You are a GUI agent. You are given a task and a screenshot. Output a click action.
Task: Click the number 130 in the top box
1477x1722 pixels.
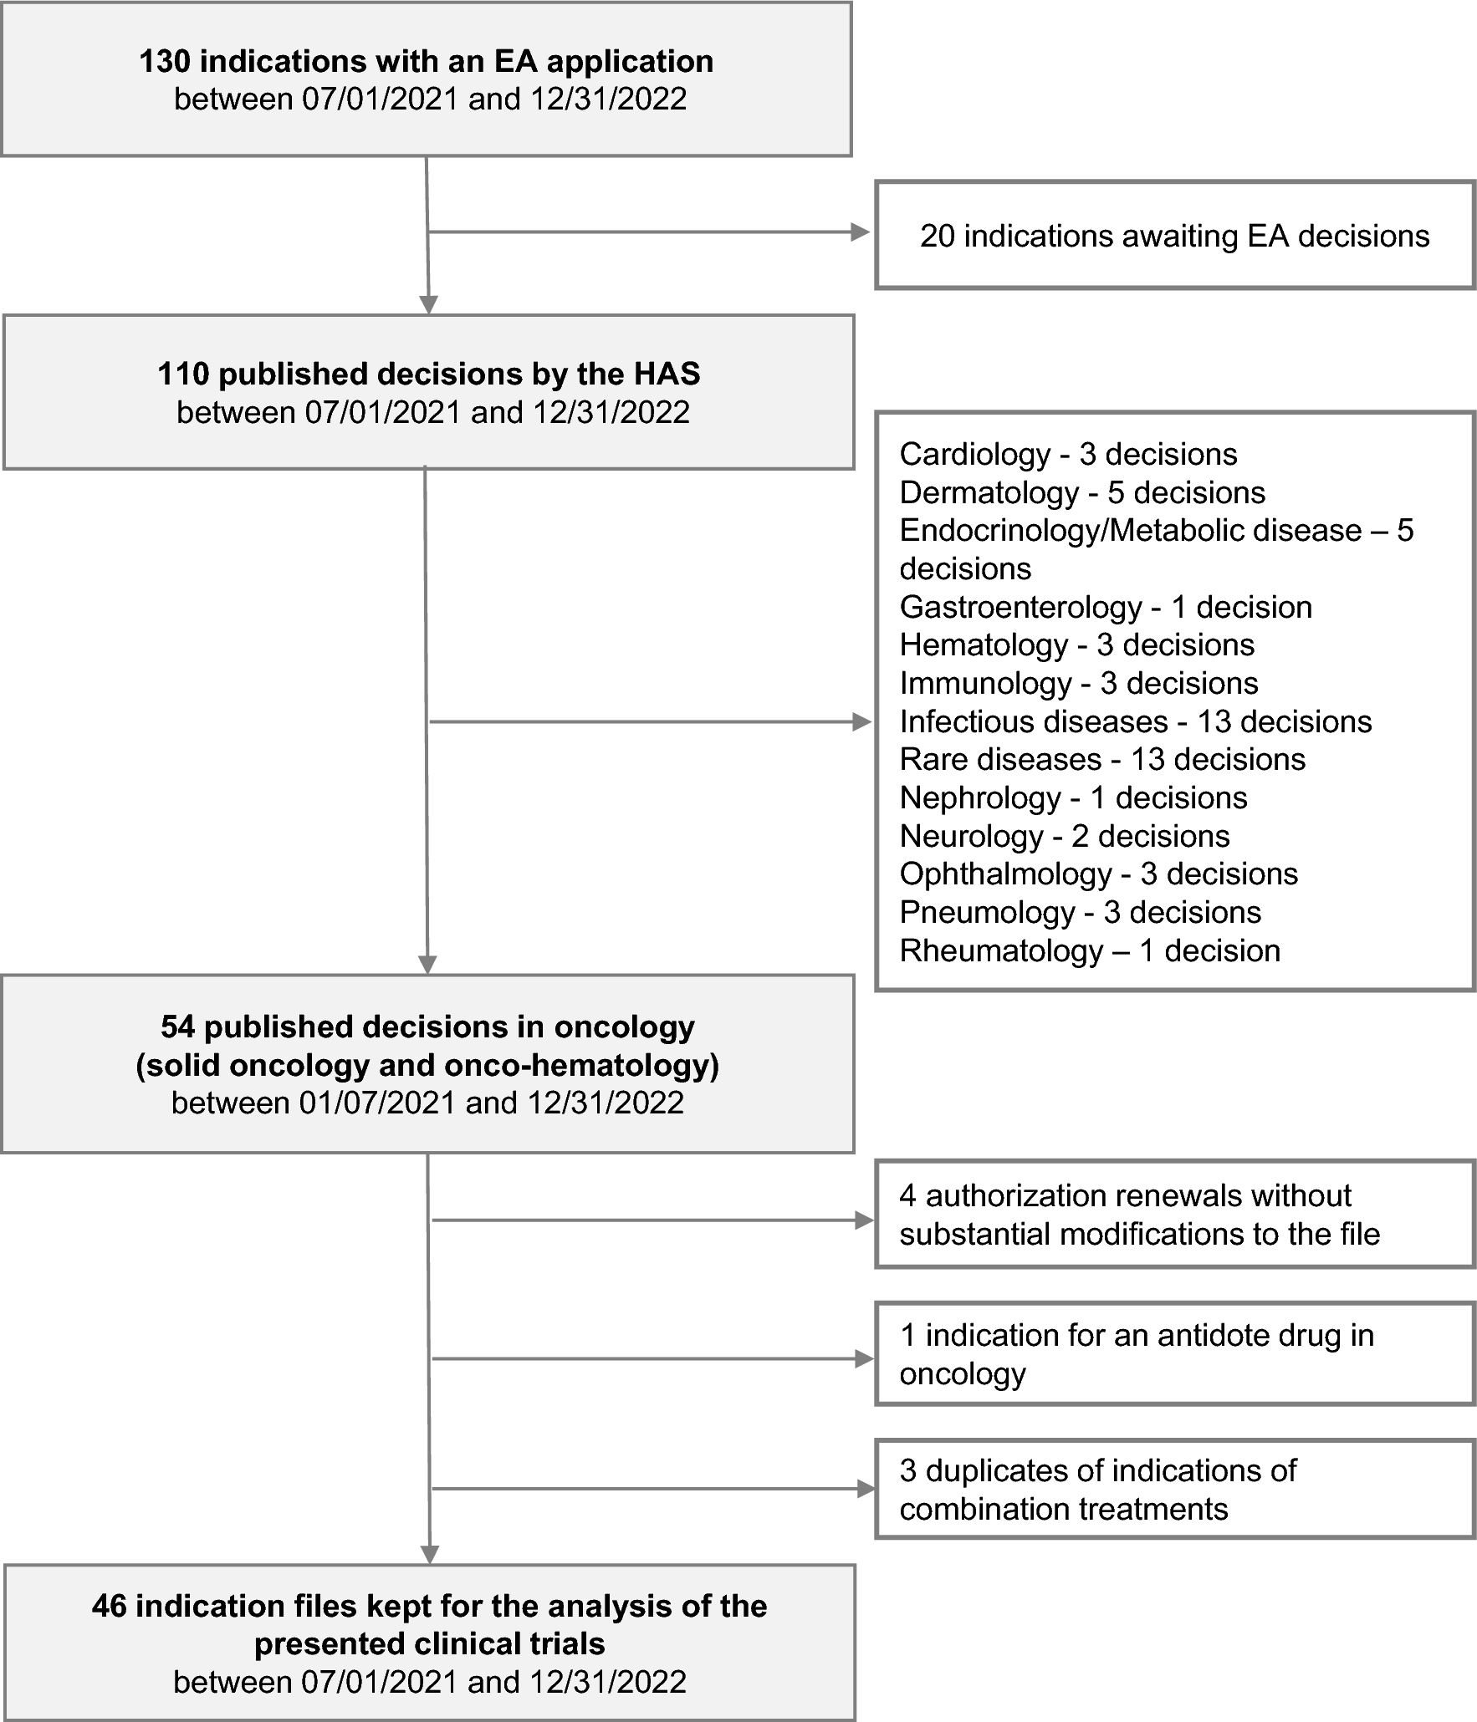point(165,62)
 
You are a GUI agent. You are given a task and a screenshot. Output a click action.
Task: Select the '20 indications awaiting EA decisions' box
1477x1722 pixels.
point(1174,236)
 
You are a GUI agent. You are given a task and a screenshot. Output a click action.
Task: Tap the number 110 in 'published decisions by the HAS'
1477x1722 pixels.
point(183,374)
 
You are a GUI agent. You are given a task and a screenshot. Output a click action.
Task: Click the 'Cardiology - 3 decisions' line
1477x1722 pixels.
point(1068,454)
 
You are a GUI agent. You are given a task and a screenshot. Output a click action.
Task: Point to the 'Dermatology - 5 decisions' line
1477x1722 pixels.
point(1082,492)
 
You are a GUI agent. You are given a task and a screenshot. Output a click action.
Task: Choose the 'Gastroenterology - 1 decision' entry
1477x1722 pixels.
point(1106,607)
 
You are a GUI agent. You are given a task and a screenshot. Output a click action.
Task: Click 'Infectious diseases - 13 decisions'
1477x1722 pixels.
point(1136,721)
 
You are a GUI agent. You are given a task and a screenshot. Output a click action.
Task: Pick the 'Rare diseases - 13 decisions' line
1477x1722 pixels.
point(1102,759)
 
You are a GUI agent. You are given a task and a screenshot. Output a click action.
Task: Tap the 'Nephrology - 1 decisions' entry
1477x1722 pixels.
point(1073,797)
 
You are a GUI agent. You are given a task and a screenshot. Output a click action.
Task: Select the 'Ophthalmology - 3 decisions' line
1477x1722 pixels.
point(1098,874)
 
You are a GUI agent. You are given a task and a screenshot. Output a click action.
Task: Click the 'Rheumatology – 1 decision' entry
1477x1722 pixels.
point(1090,950)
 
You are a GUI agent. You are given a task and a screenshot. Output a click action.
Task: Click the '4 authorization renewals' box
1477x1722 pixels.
point(1174,1215)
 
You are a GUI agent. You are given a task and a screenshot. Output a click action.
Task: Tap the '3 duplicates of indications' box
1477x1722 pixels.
point(1174,1490)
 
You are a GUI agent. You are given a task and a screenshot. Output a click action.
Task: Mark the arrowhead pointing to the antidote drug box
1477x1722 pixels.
point(864,1359)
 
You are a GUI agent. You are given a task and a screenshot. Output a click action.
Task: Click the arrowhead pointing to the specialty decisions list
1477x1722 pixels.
point(862,722)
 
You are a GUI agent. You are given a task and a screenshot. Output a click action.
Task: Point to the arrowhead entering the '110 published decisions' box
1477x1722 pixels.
point(428,305)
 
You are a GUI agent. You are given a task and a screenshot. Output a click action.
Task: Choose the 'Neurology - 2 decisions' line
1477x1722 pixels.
point(1064,836)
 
